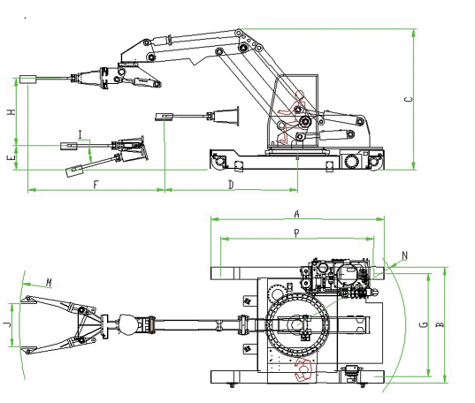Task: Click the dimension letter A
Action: tap(297, 214)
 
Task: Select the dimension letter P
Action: tap(296, 232)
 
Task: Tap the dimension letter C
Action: tap(409, 99)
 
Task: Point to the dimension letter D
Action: tap(231, 185)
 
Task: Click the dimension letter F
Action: tap(96, 185)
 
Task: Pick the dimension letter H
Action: tap(11, 112)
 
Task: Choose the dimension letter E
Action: tap(11, 157)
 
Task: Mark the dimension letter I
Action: tap(80, 134)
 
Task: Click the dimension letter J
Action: tap(8, 324)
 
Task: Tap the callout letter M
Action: tap(49, 283)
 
